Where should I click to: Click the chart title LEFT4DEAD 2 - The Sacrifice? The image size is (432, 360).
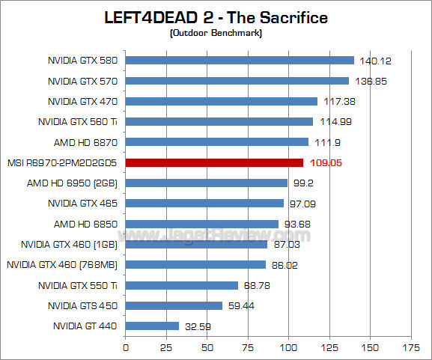click(x=216, y=17)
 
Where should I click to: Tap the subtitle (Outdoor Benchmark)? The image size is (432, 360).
click(x=216, y=33)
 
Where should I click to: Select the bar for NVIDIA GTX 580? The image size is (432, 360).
click(x=240, y=61)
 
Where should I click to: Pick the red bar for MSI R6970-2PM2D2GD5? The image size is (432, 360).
click(x=214, y=162)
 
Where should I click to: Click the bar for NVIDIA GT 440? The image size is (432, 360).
click(x=152, y=326)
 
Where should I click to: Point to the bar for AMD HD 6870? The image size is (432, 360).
click(x=216, y=141)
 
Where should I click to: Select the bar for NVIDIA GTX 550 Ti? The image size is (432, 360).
click(x=182, y=285)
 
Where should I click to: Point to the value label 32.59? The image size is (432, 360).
click(x=198, y=326)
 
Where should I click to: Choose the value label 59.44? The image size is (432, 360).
click(x=241, y=305)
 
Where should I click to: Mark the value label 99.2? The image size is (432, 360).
click(x=303, y=183)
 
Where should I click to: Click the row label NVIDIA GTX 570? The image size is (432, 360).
click(x=83, y=81)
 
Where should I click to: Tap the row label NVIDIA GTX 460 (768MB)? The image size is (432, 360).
click(x=63, y=264)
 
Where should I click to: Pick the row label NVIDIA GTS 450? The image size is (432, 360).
click(x=83, y=305)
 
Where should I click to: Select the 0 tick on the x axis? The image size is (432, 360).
click(x=125, y=348)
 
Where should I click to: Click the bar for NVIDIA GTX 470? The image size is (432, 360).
click(x=222, y=101)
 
